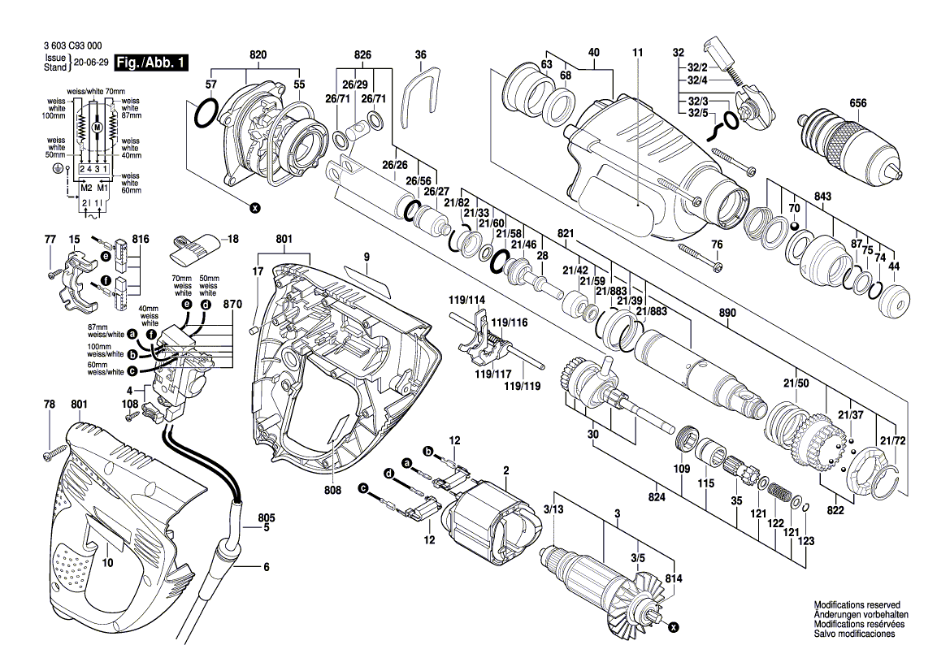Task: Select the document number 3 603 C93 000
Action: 72,48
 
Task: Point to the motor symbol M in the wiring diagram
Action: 97,128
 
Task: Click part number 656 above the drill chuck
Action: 858,103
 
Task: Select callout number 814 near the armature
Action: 673,578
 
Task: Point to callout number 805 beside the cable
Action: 267,517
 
